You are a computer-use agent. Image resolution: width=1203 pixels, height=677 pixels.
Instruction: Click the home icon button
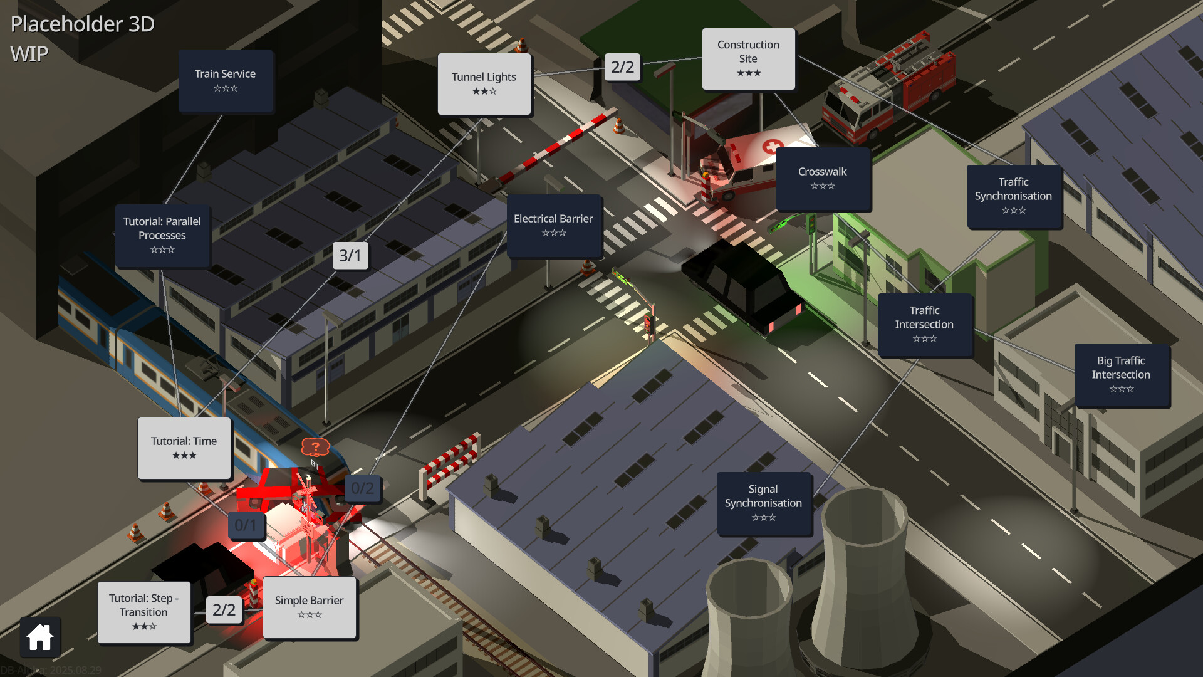[x=40, y=637]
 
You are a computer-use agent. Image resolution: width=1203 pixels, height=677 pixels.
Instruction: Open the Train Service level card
[x=226, y=81]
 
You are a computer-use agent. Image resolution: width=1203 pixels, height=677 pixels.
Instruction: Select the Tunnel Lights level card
[x=484, y=84]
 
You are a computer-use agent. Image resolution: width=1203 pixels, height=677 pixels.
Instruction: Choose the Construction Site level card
[x=748, y=59]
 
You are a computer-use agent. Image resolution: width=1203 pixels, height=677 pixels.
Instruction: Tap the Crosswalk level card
[x=823, y=178]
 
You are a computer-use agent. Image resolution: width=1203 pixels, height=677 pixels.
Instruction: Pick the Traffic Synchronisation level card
[x=1013, y=196]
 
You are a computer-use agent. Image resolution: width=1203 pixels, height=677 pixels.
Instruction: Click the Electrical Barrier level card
[x=553, y=225]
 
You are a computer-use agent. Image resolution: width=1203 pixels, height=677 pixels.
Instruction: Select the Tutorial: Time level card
[x=184, y=448]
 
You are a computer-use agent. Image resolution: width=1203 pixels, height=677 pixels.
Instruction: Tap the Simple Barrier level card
[x=310, y=607]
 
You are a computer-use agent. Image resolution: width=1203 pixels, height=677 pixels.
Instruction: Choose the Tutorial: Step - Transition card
[x=144, y=612]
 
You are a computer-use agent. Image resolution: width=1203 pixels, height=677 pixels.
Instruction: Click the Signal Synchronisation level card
[x=764, y=503]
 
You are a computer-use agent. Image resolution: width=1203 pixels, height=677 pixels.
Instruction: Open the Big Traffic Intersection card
[x=1121, y=375]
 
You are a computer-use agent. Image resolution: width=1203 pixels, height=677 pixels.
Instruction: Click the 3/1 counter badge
[x=350, y=256]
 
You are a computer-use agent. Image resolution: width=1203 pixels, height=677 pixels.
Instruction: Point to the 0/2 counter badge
[x=362, y=488]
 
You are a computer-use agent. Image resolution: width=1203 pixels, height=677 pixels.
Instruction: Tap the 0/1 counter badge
[x=246, y=525]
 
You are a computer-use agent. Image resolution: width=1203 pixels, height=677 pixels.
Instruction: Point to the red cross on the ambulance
[x=772, y=146]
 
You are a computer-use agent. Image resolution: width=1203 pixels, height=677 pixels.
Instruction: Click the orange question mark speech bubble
[x=315, y=447]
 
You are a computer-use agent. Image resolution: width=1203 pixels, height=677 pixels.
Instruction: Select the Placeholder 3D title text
[x=83, y=24]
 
